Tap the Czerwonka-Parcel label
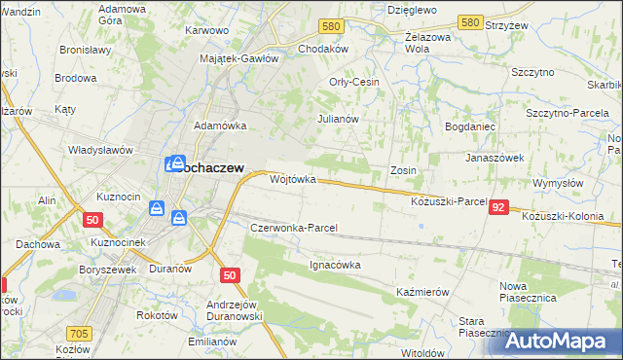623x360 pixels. (294, 228)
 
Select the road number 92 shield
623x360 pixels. (499, 207)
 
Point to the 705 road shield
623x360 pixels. (80, 333)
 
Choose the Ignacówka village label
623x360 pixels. (335, 264)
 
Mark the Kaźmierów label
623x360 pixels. (421, 292)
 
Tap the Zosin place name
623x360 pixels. (403, 170)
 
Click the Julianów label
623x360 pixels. (339, 119)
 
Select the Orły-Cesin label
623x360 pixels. (354, 82)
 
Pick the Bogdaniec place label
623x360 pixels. (470, 126)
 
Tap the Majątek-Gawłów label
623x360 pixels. (238, 58)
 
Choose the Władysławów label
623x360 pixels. (99, 150)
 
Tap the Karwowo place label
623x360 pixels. (206, 30)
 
